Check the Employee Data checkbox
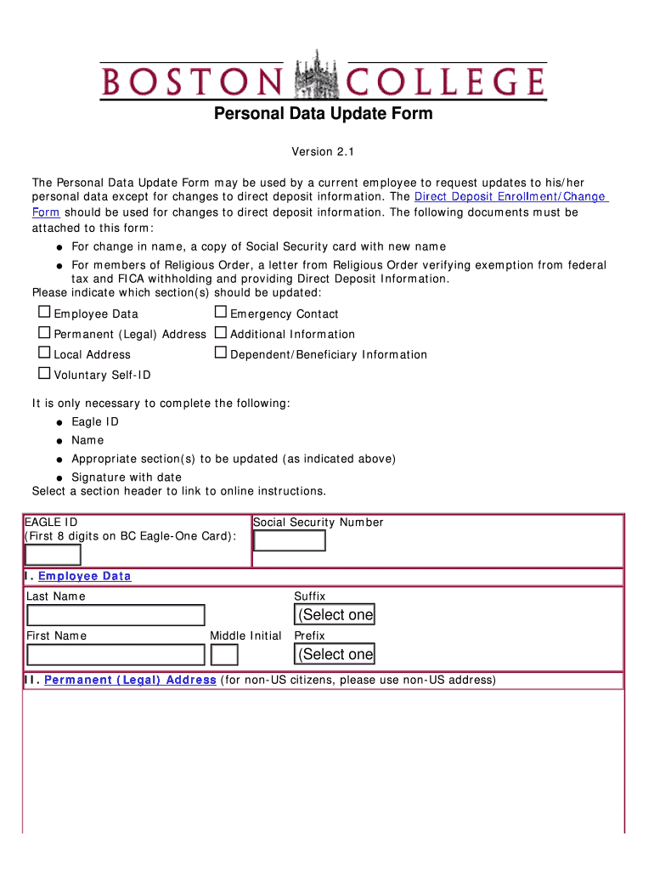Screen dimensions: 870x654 44,313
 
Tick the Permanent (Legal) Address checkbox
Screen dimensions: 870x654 44,333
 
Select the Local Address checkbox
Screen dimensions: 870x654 44,353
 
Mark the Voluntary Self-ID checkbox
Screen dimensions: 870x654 44,374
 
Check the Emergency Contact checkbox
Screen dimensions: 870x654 221,313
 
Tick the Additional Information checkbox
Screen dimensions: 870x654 221,333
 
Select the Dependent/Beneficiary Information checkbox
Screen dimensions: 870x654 221,353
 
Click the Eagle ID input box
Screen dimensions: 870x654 53,555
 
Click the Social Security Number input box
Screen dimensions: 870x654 290,541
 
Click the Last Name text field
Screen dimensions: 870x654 116,615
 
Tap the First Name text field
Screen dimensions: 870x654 116,655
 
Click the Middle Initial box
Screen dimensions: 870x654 224,655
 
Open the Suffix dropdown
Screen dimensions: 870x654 335,614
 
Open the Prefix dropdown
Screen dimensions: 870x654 335,654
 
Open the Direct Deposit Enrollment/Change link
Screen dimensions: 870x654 510,197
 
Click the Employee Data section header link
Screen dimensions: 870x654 84,577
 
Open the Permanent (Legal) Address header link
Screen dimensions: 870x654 130,681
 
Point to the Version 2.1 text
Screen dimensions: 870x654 322,152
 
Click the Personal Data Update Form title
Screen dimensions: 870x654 323,114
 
